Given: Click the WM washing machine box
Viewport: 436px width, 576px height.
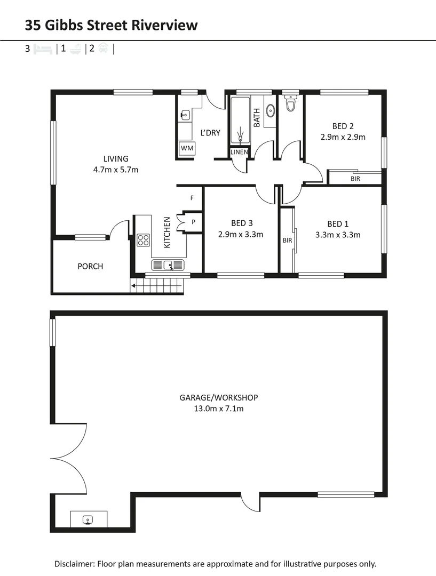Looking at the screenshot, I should click(186, 148).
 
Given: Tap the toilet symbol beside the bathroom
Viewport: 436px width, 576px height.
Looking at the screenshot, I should click(291, 103).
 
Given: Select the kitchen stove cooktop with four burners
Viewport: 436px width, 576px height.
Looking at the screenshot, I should click(143, 240).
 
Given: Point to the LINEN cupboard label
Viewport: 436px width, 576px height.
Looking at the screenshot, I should click(239, 152).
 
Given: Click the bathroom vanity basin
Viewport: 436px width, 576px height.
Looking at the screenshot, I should click(271, 111).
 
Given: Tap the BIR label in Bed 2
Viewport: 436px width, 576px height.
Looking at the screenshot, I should click(355, 179).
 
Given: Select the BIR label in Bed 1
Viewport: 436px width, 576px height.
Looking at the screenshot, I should click(287, 241).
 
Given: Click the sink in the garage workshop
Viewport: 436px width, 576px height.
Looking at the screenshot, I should click(89, 519).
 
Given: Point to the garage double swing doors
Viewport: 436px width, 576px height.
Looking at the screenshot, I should click(69, 458).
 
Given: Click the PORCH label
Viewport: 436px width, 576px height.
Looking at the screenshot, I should click(90, 266).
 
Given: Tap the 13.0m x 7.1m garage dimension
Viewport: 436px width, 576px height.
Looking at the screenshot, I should click(218, 409).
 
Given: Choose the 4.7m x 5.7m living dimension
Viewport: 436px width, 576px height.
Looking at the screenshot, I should click(116, 170).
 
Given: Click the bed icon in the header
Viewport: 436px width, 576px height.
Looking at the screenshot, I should click(43, 49).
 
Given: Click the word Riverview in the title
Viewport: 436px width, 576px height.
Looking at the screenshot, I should click(166, 25).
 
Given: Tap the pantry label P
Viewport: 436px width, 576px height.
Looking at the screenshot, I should click(193, 221).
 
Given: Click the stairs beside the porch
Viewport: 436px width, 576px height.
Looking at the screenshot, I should click(159, 287).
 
